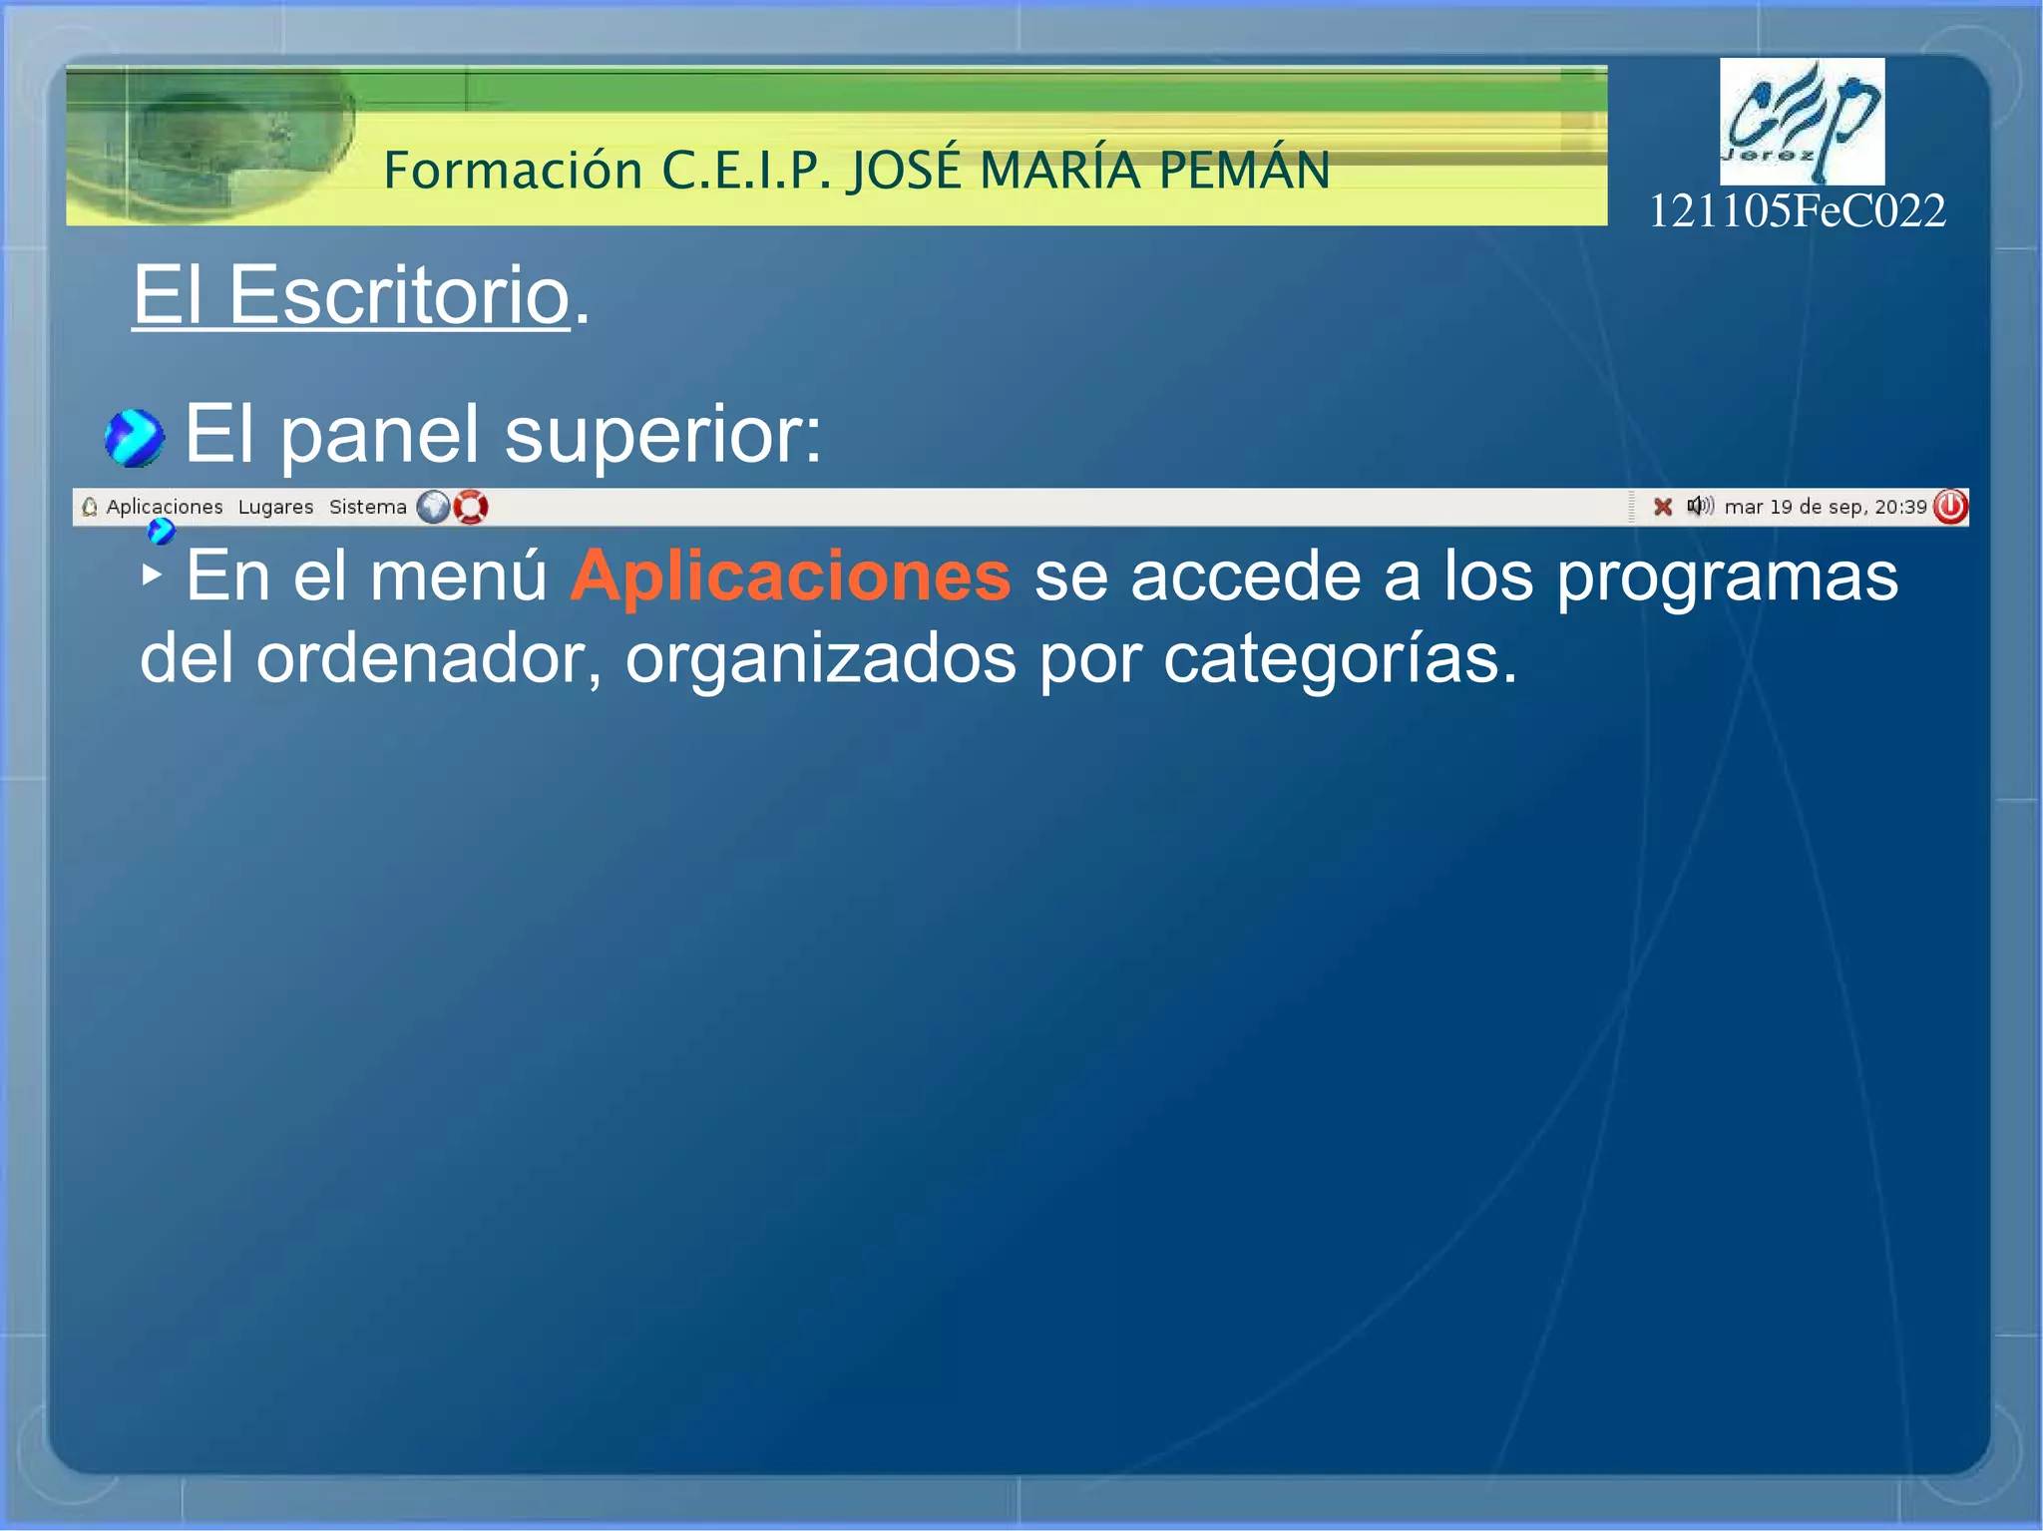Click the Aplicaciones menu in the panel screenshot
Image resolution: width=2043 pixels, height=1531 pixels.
pos(164,507)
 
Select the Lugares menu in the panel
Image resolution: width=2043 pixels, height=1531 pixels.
pos(275,507)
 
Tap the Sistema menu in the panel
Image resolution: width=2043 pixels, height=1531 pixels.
pos(367,507)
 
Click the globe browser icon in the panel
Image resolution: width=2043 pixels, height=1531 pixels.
pos(433,507)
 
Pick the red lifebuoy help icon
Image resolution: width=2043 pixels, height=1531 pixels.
pos(471,507)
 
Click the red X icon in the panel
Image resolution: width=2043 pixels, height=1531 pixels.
pos(1662,507)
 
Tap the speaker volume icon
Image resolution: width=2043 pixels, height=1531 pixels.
pos(1700,506)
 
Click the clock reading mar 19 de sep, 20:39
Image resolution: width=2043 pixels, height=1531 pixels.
pos(1825,507)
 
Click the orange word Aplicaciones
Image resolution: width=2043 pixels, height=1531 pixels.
pos(790,576)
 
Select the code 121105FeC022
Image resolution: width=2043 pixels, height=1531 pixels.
pos(1797,211)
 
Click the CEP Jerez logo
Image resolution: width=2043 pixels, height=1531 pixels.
pos(1802,121)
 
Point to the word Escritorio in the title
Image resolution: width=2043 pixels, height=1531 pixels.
pos(399,295)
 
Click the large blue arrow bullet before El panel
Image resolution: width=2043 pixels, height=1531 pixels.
pos(134,438)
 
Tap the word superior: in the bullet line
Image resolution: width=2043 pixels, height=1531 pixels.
pos(663,435)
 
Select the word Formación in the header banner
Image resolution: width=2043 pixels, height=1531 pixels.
pos(513,170)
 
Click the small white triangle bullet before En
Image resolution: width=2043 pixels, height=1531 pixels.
pos(151,574)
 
